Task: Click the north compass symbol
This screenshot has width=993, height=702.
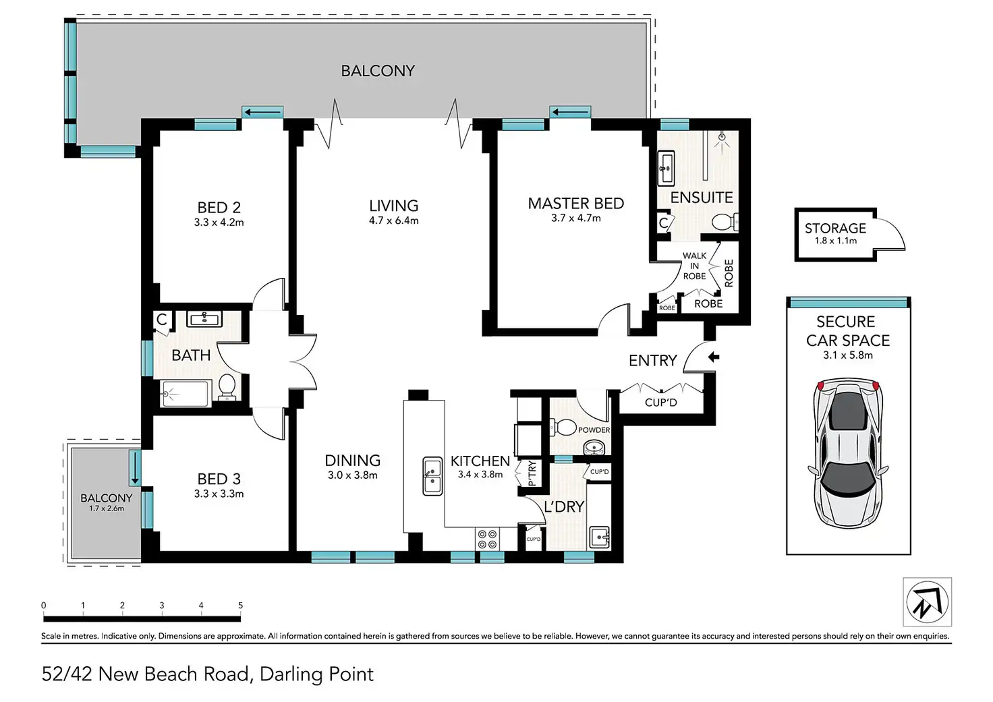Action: tap(928, 602)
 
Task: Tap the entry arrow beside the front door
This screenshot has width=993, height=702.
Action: tap(714, 357)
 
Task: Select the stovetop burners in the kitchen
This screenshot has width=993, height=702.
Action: tap(487, 539)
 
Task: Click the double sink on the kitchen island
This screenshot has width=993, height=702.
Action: tap(432, 475)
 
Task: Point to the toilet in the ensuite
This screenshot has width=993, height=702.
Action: tap(725, 222)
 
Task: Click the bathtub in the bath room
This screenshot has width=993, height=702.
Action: tap(186, 393)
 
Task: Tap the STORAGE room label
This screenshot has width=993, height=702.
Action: tap(835, 228)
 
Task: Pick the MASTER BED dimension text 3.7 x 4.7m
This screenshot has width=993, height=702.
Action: tap(576, 218)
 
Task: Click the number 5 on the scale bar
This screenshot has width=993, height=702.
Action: tap(240, 605)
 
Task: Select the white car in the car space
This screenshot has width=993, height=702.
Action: tap(848, 452)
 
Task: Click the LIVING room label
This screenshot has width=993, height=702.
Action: tap(394, 206)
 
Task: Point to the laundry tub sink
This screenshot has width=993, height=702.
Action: tap(600, 537)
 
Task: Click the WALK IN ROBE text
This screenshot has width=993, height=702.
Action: tap(694, 266)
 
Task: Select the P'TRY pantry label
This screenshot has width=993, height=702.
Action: tap(532, 473)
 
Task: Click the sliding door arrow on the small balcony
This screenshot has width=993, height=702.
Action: tap(135, 467)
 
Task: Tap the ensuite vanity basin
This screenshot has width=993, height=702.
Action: tap(665, 167)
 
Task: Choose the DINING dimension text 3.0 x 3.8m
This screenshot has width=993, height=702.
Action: tap(352, 475)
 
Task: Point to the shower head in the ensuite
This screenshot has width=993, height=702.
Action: tap(722, 138)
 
